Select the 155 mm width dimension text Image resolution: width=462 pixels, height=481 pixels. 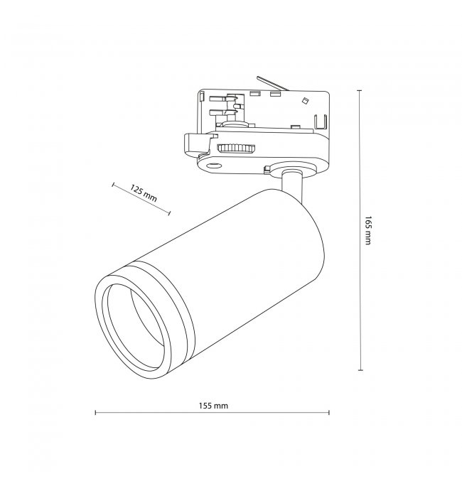[213, 406]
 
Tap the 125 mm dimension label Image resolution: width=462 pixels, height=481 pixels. [144, 193]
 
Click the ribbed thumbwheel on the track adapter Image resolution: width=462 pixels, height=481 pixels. [236, 148]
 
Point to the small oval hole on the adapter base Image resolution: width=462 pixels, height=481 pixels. [214, 166]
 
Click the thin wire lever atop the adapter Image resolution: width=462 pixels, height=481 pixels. [273, 83]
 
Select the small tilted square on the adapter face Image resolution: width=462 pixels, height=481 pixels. [305, 101]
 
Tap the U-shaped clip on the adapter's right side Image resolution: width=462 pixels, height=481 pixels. [321, 121]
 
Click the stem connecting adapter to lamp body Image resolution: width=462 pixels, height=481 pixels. [292, 188]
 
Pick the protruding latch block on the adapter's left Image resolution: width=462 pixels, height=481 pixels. [196, 144]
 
